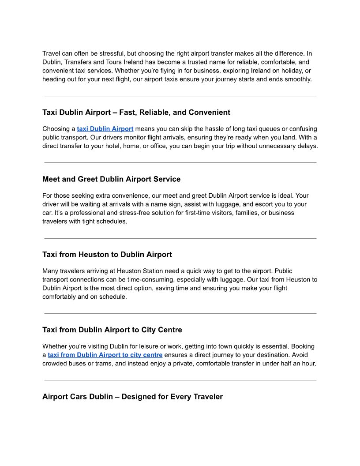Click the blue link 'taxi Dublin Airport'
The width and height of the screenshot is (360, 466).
(105, 129)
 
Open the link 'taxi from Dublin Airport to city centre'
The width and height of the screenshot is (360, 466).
(105, 355)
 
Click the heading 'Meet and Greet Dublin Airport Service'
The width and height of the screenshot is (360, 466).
(111, 179)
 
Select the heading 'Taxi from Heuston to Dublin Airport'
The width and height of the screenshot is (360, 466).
(107, 255)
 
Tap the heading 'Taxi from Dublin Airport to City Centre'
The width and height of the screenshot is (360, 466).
(112, 330)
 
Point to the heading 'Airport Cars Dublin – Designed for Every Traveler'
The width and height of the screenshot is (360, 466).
(132, 397)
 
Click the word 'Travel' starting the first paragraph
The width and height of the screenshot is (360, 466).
(51, 54)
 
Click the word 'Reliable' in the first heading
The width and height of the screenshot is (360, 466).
(154, 113)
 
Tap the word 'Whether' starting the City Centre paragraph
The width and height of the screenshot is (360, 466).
(54, 346)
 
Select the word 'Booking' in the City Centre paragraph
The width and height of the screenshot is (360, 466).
(303, 346)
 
